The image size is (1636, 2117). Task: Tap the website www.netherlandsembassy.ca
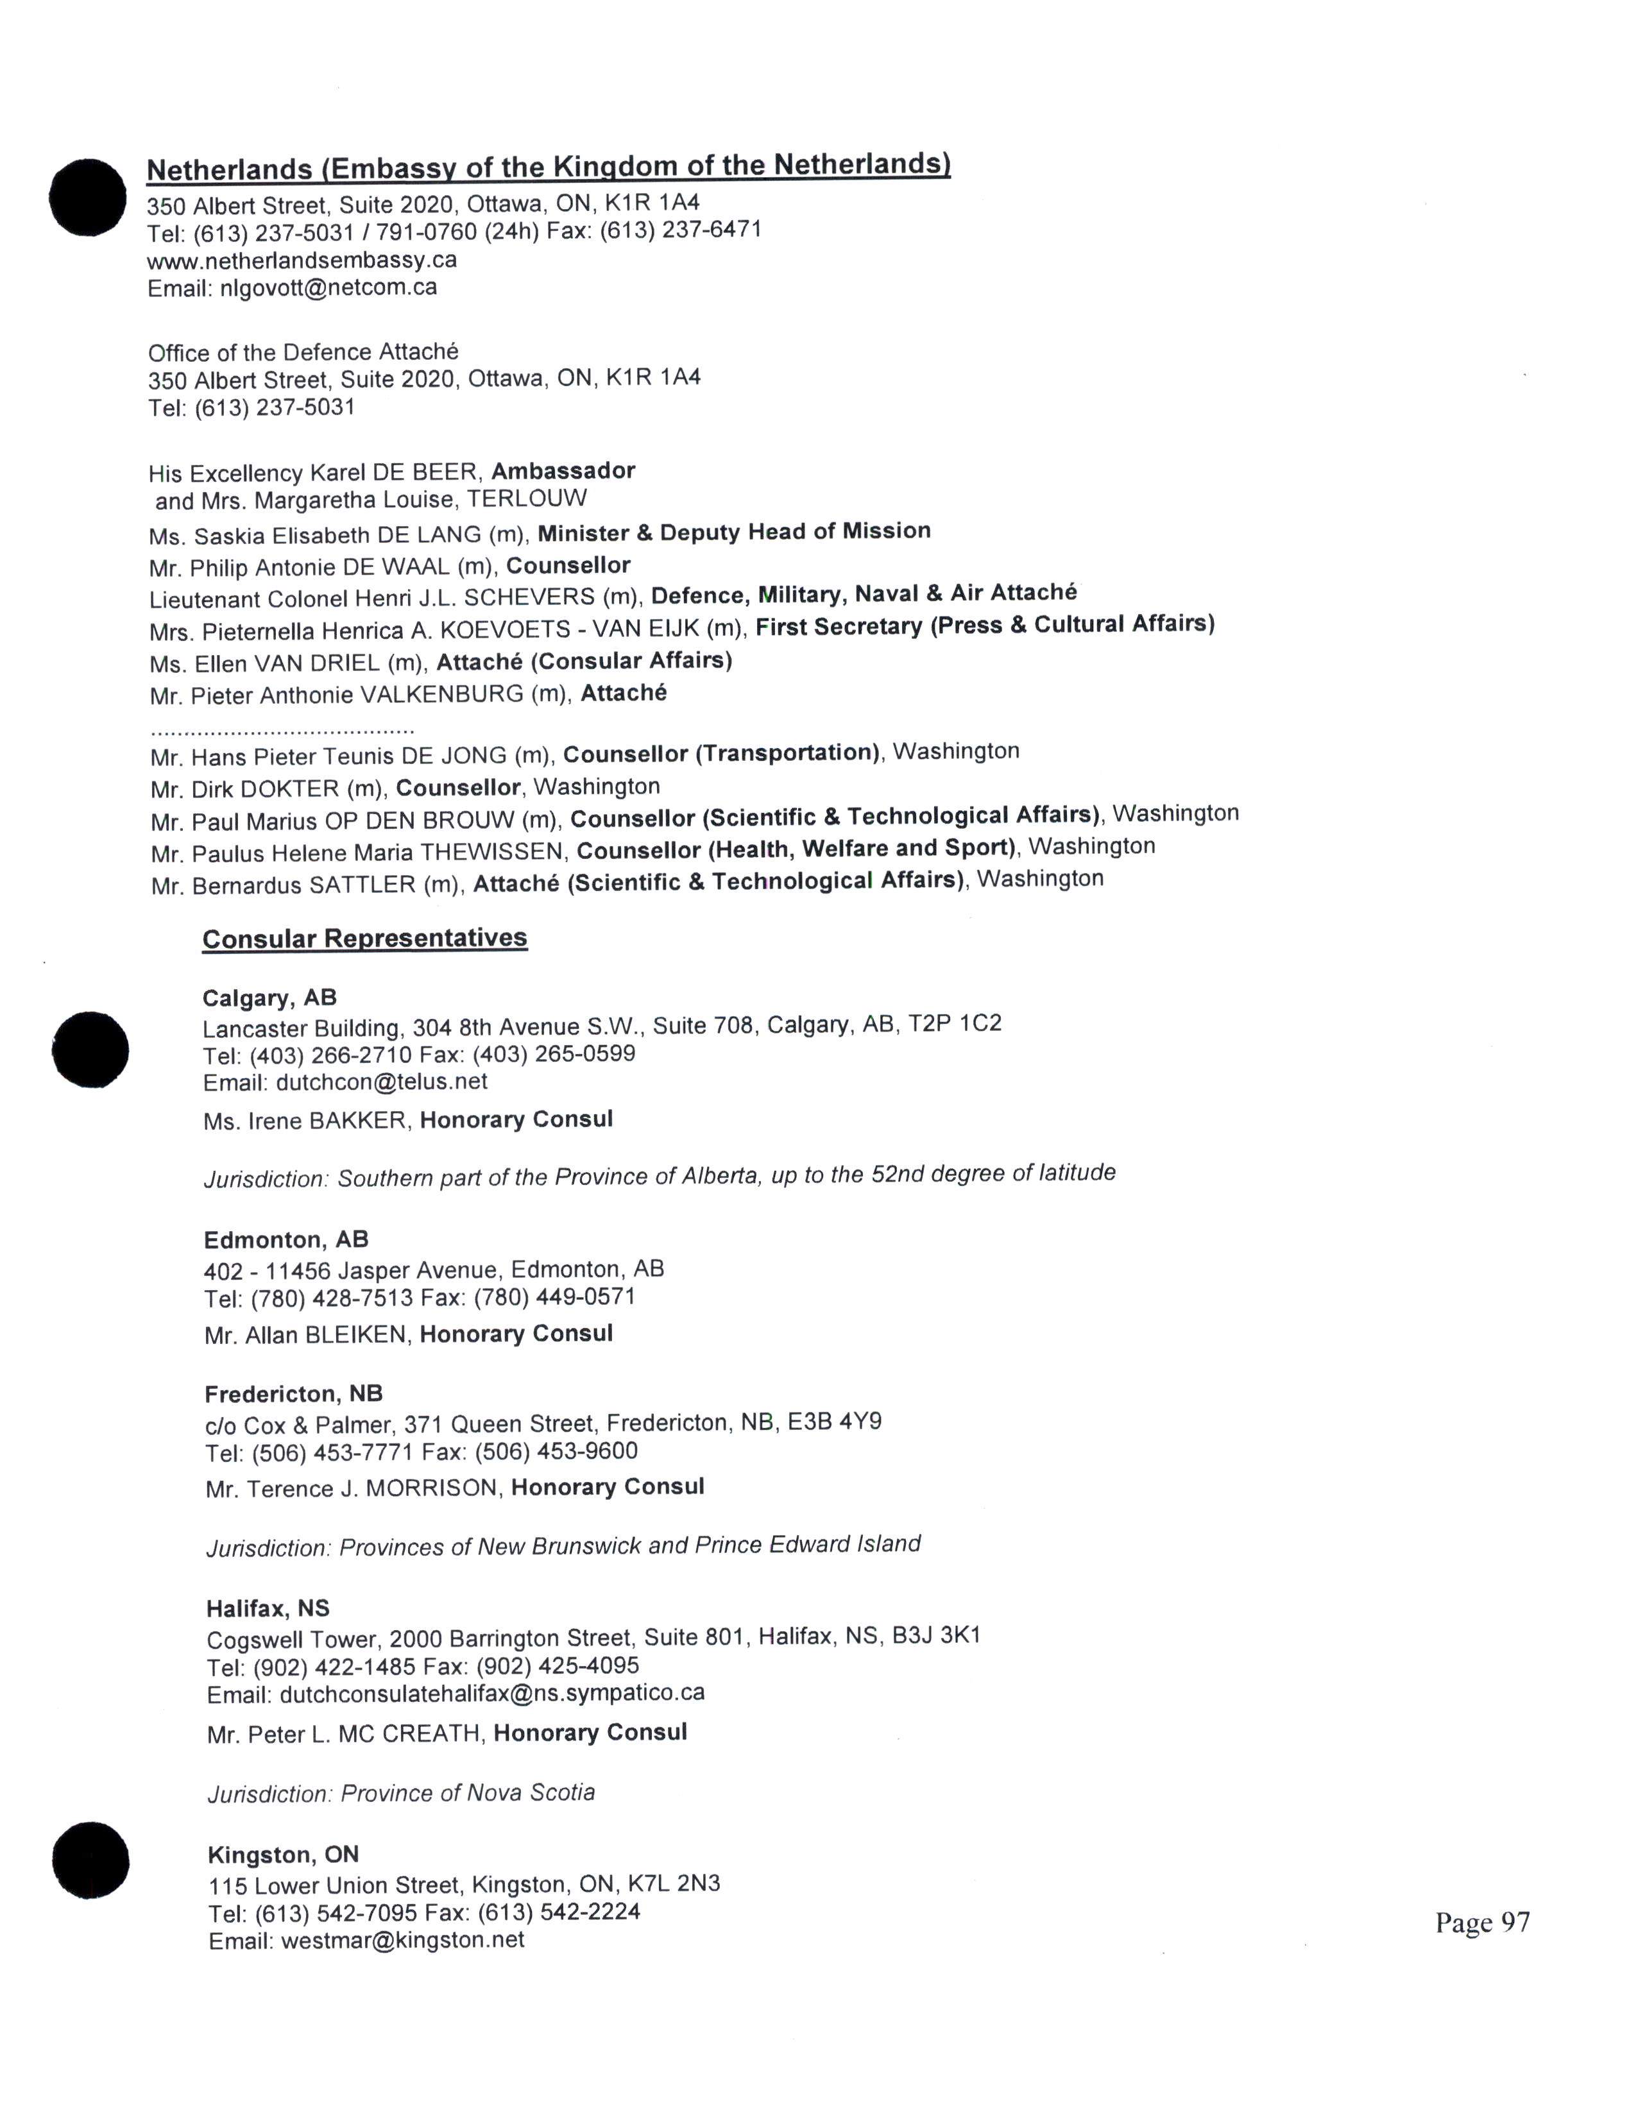[x=302, y=260]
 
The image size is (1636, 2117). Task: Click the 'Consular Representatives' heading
[x=364, y=939]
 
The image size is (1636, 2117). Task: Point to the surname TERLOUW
[x=526, y=499]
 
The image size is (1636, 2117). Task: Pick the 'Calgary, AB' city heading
[x=269, y=998]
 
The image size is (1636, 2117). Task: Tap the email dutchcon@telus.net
[x=381, y=1082]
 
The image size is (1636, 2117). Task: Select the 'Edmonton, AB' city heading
[x=286, y=1240]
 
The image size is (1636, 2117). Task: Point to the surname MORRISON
[x=433, y=1488]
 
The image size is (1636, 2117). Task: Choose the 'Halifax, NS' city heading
[x=268, y=1609]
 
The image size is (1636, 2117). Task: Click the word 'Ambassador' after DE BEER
[x=563, y=471]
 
